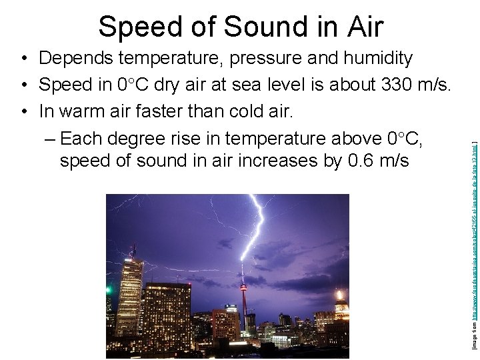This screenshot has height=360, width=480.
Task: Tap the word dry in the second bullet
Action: coord(170,85)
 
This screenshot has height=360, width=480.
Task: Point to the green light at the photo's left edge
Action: coord(109,289)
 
